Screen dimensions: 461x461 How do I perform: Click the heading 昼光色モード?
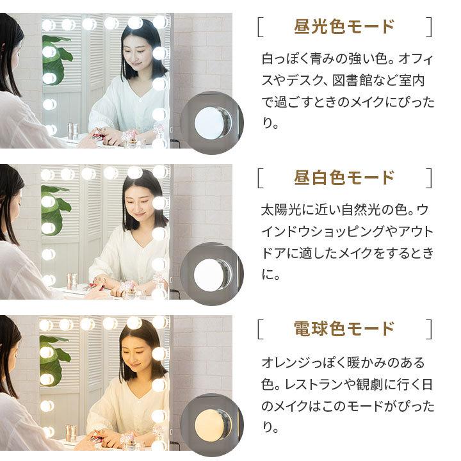point(344,28)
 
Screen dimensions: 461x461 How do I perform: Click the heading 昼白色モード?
point(344,178)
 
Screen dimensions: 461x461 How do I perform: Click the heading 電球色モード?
point(344,328)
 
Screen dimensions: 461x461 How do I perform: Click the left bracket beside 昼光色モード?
point(260,28)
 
